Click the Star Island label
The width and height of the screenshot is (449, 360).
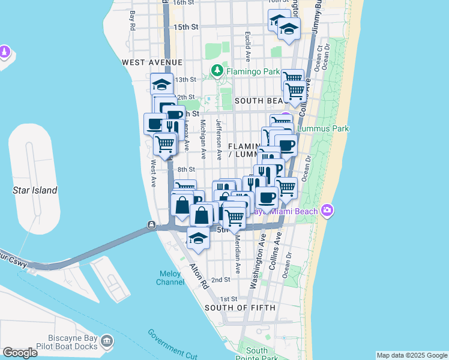pos(35,191)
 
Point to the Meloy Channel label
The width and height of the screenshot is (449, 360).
pos(170,278)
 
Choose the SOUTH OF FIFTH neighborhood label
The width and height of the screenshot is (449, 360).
pos(240,308)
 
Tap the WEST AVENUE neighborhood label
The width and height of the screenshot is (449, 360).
pos(152,62)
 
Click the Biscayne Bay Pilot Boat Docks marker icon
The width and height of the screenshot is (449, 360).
pos(107,341)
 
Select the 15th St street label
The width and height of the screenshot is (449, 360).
pos(186,27)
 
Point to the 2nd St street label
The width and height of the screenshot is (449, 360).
pos(221,280)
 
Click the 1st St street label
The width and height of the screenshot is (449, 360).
pos(229,299)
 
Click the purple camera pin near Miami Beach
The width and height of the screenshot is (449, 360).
pos(327,210)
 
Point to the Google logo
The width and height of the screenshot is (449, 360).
pos(20,353)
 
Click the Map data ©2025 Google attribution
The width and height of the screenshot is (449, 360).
pos(411,355)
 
